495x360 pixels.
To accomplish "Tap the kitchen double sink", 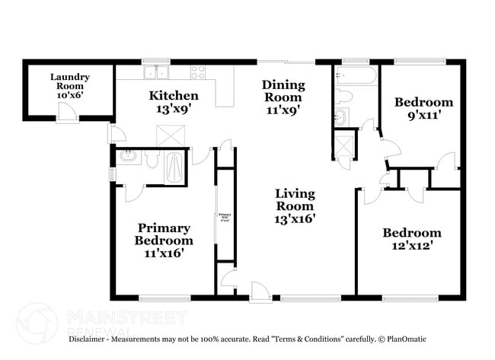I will [x=157, y=72].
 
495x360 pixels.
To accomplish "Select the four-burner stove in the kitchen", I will [x=198, y=72].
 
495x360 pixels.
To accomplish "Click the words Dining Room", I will [x=283, y=91].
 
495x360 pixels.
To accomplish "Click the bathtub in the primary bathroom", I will [x=174, y=167].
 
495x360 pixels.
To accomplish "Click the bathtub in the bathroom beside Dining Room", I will [x=355, y=76].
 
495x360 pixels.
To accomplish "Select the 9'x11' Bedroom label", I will [x=423, y=109].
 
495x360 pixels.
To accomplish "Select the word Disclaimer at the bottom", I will [x=91, y=339].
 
